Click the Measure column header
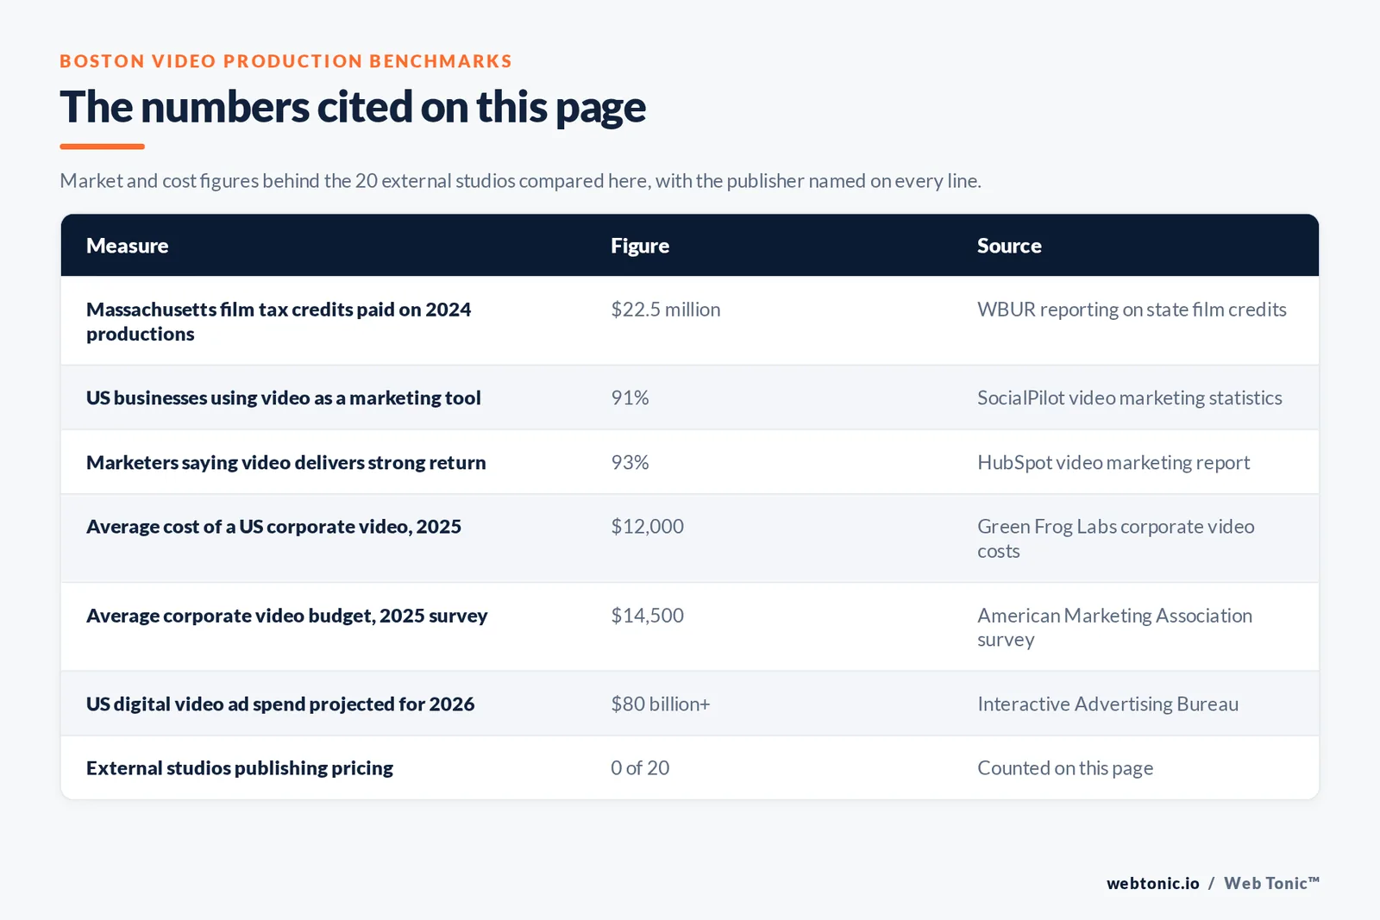pos(127,246)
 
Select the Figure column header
pos(639,246)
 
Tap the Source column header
pos(1009,246)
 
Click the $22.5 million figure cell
pos(665,310)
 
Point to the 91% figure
pos(630,397)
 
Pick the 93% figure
pos(630,462)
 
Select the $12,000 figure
pos(647,527)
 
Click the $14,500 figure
pos(647,615)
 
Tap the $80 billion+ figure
pos(661,704)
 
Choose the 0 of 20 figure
pos(639,768)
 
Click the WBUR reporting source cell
pos(1132,310)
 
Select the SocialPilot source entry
pos(1129,397)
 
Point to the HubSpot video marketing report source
pos(1113,462)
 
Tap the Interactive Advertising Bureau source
pos(1107,704)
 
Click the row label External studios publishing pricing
pos(240,768)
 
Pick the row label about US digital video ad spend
pos(280,704)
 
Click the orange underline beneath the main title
pos(103,147)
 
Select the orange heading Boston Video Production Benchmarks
pos(285,61)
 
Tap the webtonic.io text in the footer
pos(1152,883)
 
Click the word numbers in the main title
pos(225,107)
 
